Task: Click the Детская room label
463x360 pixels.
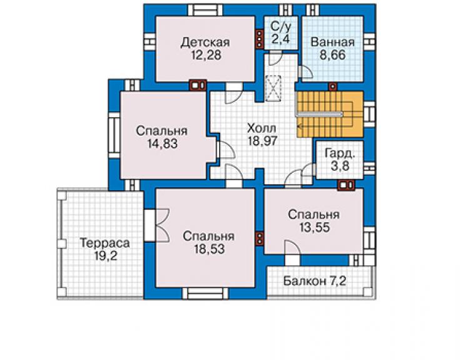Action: [205, 42]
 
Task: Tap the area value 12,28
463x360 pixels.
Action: [206, 55]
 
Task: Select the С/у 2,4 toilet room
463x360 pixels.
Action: [281, 33]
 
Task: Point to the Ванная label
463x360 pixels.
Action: [332, 42]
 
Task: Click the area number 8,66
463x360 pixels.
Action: [332, 55]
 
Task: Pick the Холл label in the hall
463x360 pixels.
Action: [262, 128]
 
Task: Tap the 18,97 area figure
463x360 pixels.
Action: [262, 141]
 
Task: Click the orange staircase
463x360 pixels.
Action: [330, 114]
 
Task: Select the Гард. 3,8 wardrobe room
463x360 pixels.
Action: [340, 160]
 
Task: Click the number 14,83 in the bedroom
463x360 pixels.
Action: [163, 143]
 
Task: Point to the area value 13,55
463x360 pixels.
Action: [314, 228]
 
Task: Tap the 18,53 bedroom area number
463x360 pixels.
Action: [209, 249]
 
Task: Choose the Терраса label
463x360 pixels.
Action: [105, 243]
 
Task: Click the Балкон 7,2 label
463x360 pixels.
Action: [315, 280]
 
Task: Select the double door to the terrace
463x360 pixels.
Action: [157, 225]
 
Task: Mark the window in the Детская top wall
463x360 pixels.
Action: [205, 10]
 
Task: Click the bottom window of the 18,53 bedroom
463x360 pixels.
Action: [205, 294]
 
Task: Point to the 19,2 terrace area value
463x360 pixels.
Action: [105, 256]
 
